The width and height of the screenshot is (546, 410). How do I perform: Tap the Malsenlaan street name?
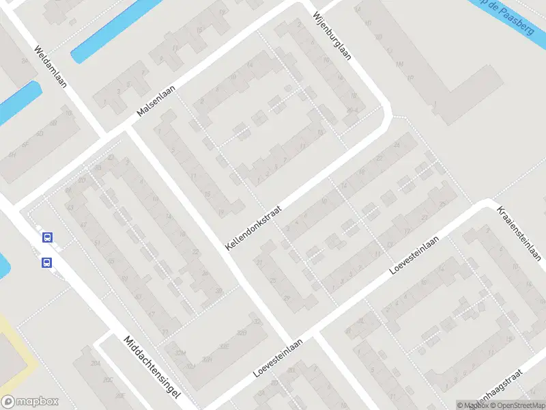[156, 101]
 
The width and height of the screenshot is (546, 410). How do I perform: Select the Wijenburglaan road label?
[332, 36]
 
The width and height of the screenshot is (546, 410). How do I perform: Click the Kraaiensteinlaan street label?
[519, 232]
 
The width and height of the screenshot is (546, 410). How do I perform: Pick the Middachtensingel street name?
[152, 366]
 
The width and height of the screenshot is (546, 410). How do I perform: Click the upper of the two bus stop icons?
[47, 238]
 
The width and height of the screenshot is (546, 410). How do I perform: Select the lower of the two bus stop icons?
[47, 262]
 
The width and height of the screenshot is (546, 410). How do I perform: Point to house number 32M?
[181, 353]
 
